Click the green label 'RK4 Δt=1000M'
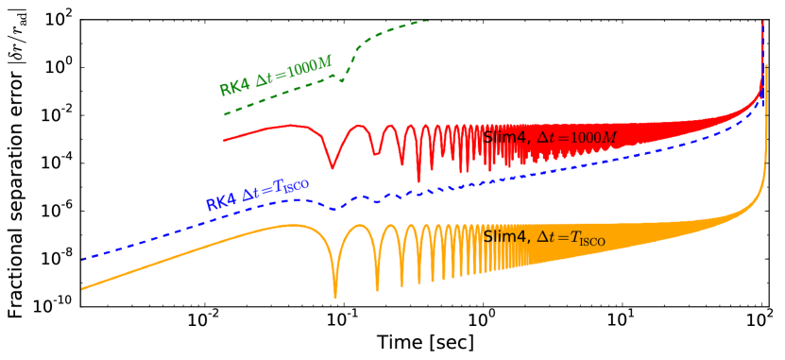coord(276,77)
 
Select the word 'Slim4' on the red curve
coord(505,138)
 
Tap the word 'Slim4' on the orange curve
coord(505,237)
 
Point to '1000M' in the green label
coord(311,66)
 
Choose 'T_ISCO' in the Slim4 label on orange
coord(587,239)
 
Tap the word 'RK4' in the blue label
coord(220,202)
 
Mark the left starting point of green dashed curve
coord(224,115)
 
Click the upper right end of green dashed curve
coord(427,20)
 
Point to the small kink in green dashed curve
coord(342,81)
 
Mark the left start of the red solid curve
coord(224,141)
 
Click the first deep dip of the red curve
coord(332,168)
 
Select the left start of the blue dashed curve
coord(82,259)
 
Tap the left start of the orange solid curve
coord(82,289)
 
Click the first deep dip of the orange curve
coord(335,296)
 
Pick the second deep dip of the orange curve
coord(377,290)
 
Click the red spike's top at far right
coord(762,21)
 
